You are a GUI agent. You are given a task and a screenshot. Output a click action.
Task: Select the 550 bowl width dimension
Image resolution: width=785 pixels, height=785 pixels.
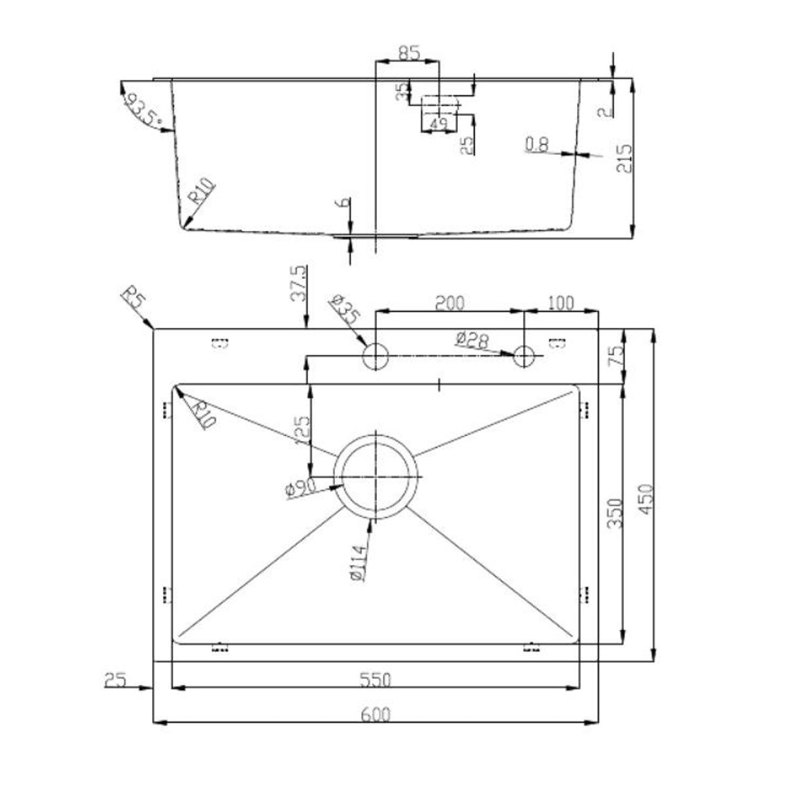click(x=375, y=680)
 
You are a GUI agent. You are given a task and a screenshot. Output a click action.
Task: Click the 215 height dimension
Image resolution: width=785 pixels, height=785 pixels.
click(x=624, y=158)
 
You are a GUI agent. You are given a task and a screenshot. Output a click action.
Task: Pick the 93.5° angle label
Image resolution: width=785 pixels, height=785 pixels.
click(x=143, y=110)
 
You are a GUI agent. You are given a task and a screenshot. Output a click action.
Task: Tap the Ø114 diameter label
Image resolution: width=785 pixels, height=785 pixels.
click(x=359, y=563)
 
